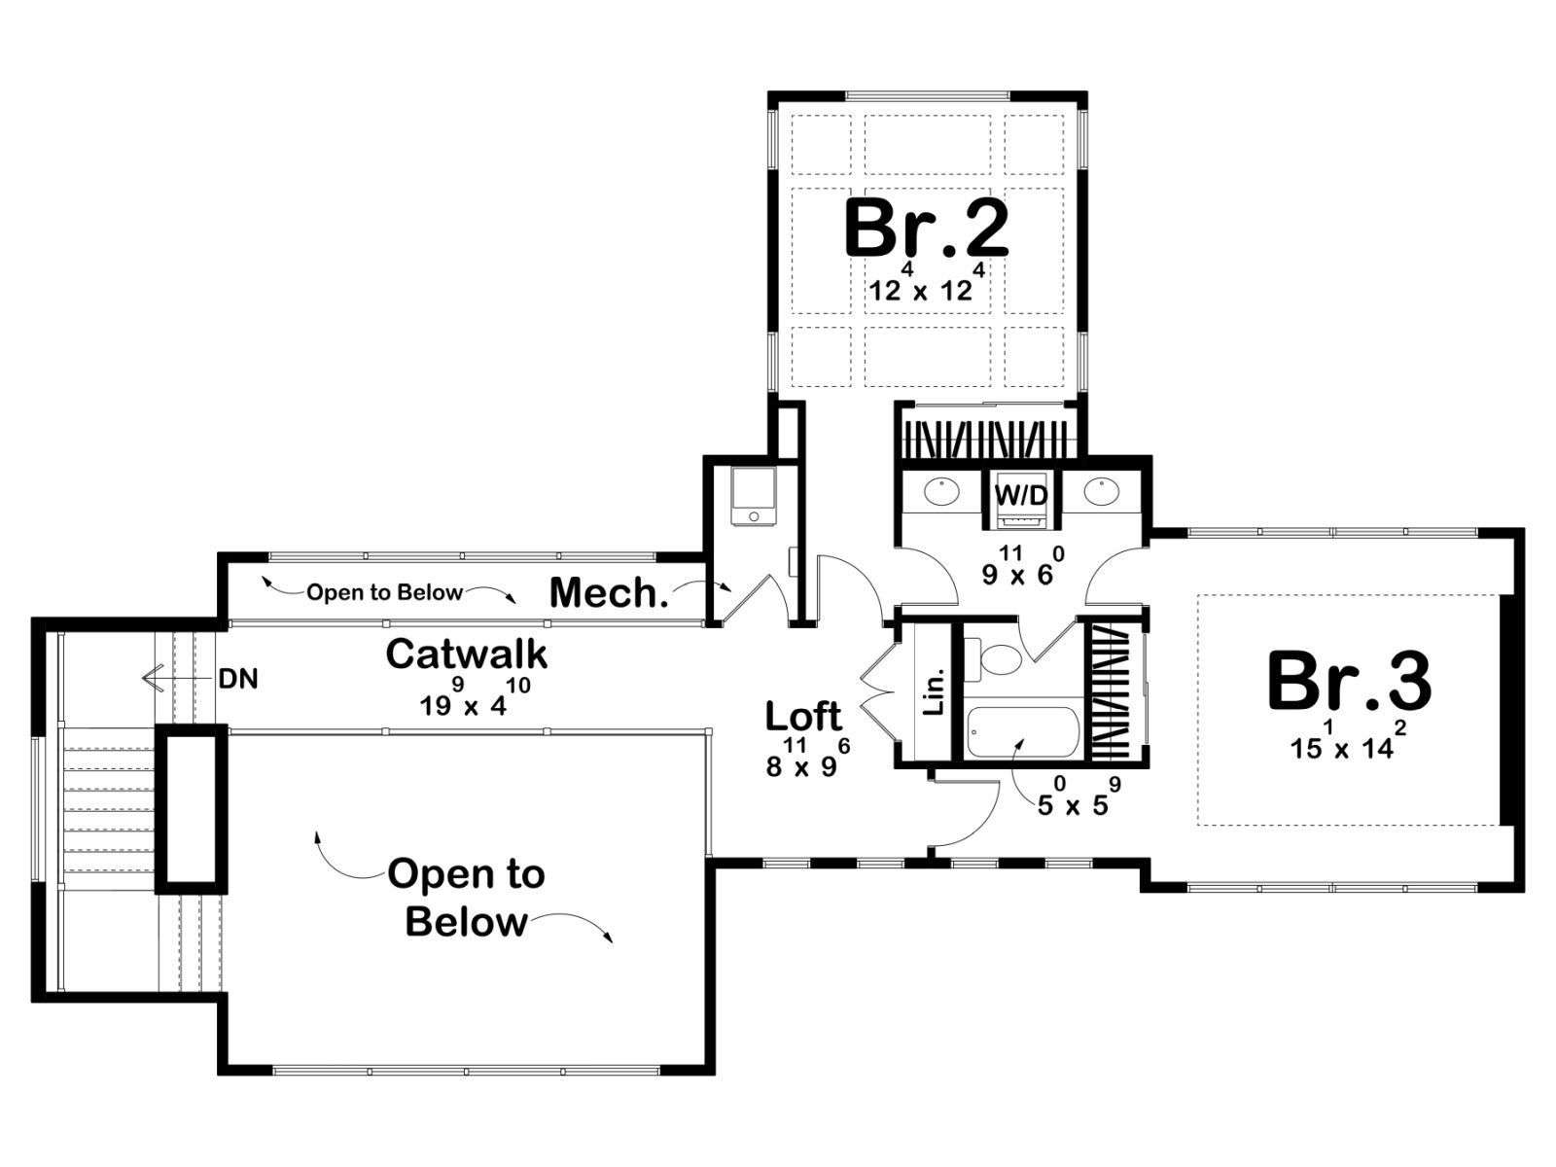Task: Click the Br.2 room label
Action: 927,229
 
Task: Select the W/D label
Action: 1021,495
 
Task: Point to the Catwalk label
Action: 467,654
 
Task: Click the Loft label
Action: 803,717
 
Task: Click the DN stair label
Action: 238,680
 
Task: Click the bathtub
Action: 1022,732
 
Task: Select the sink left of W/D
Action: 940,491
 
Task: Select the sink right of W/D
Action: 1100,491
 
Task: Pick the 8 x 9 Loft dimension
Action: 807,758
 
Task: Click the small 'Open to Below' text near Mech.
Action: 385,592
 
